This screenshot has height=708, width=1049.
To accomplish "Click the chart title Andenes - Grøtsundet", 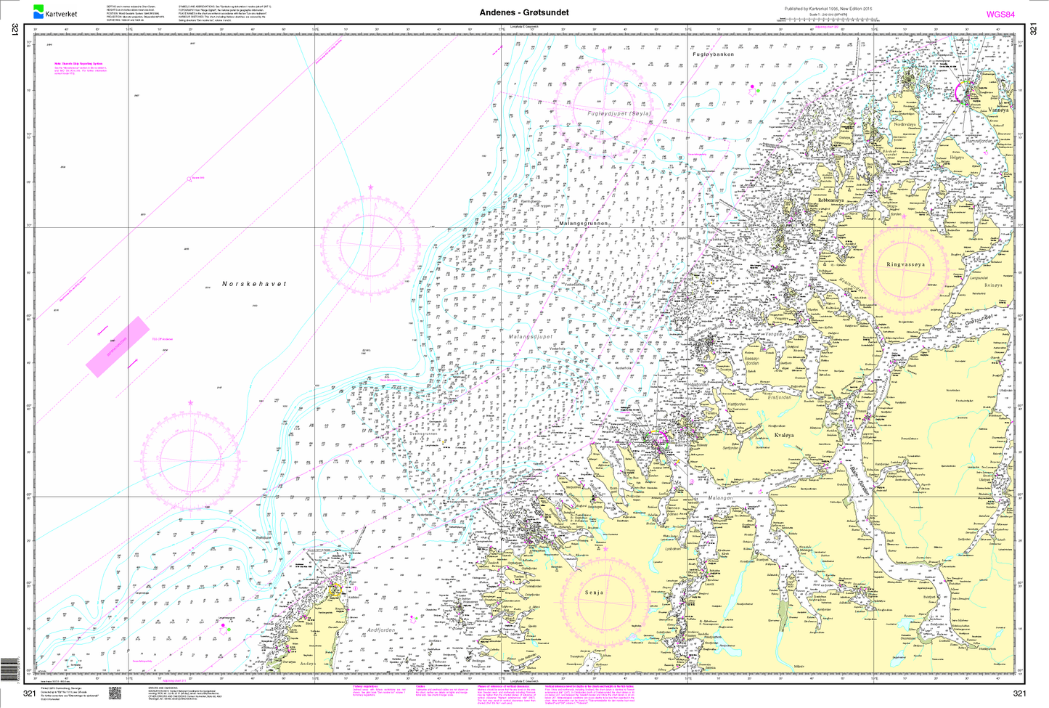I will pyautogui.click(x=524, y=12).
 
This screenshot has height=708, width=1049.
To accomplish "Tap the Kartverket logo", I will pyautogui.click(x=54, y=12).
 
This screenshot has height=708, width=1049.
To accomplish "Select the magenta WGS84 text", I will pyautogui.click(x=1000, y=14).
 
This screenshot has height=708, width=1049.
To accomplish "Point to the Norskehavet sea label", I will pyautogui.click(x=254, y=284).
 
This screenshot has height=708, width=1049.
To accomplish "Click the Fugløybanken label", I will pyautogui.click(x=713, y=54).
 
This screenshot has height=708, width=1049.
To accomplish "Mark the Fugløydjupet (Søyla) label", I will pyautogui.click(x=619, y=113).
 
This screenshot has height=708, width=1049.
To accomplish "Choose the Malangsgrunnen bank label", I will pyautogui.click(x=583, y=224).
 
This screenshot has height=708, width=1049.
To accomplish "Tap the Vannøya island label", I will pyautogui.click(x=998, y=110).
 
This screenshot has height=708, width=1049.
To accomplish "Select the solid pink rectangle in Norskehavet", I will pyautogui.click(x=117, y=347).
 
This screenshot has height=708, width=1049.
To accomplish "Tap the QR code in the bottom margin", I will pyautogui.click(x=114, y=693).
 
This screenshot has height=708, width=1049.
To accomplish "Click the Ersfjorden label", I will pyautogui.click(x=780, y=397).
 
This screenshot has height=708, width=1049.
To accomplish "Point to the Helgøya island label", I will pyautogui.click(x=957, y=157).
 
